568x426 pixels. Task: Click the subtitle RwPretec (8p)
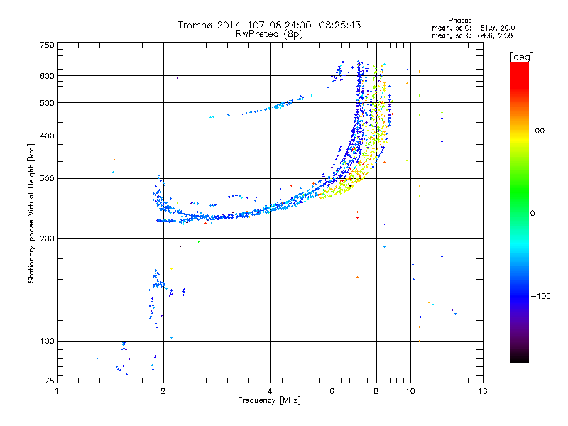pos(269,34)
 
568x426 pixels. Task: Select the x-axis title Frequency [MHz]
pos(269,400)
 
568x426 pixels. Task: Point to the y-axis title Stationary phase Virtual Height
pos(31,213)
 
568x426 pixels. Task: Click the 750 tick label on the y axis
pos(47,45)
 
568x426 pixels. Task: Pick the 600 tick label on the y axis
pos(47,76)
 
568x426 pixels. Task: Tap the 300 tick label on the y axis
pos(47,178)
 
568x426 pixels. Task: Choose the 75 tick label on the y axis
pos(50,381)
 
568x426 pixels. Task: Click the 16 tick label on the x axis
pos(483,391)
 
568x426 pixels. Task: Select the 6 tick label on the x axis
pos(332,391)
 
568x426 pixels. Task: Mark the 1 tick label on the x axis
pos(57,391)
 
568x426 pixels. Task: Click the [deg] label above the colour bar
pos(521,58)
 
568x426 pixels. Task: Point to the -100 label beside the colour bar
pos(540,296)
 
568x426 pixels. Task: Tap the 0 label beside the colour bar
pos(532,213)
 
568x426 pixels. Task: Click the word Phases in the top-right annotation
pos(459,21)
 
